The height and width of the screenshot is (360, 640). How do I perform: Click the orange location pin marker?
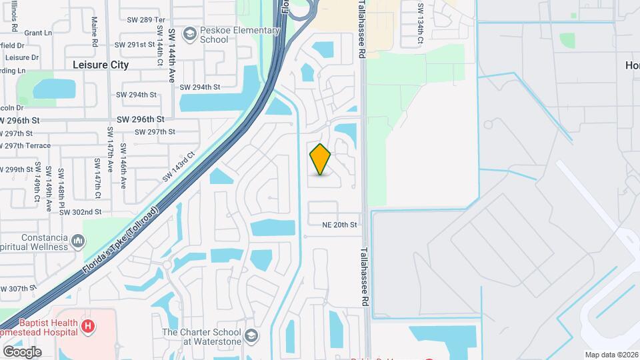321,159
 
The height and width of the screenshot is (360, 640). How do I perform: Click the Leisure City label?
101,65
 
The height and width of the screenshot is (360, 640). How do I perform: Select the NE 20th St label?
340,225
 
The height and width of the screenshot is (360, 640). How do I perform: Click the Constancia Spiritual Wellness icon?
79,240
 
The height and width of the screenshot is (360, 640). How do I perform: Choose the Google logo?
22,351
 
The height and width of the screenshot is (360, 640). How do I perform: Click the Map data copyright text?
611,355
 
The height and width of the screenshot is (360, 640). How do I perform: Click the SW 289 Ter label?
145,20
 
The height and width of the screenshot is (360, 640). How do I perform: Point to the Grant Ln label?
38,33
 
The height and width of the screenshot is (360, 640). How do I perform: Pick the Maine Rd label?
95,31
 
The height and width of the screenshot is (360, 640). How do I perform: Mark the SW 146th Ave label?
123,165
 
